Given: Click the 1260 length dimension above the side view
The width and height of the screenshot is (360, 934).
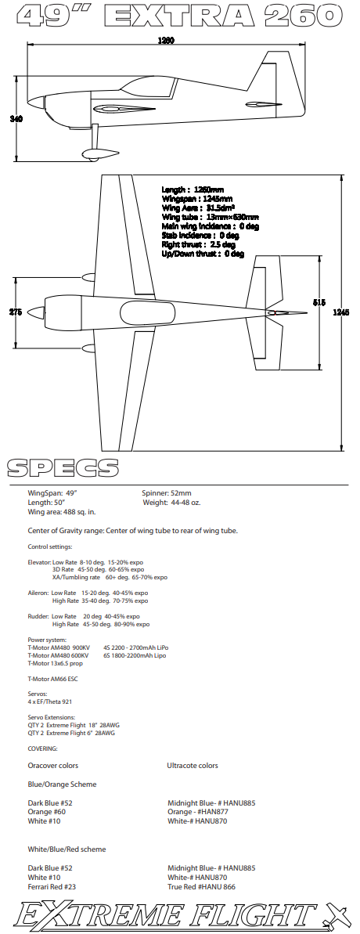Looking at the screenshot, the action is [166, 41].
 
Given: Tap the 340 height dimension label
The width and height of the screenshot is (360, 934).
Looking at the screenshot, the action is [16, 119].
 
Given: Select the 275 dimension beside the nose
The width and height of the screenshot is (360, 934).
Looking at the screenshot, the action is [16, 312].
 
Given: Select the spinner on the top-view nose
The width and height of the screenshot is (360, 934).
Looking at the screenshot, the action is [36, 312].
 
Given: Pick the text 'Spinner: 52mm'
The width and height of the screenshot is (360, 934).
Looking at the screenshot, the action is [167, 493].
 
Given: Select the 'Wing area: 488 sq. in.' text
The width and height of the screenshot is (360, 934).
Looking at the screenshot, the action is [62, 512].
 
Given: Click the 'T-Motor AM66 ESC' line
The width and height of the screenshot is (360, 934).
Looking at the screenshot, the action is [53, 679].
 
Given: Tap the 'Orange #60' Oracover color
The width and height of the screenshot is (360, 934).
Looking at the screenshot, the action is [47, 812].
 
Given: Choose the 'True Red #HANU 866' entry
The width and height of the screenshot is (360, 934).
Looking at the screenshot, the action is [201, 886].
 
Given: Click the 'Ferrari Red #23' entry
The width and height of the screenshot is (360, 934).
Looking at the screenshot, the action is [53, 886].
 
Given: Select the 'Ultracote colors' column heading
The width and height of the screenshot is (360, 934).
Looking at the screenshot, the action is [193, 766].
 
